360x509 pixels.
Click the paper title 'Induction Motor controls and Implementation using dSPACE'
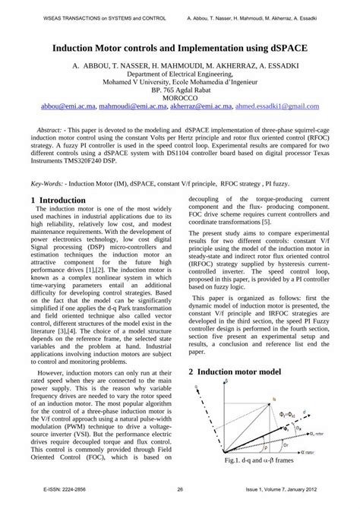click(x=180, y=46)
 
